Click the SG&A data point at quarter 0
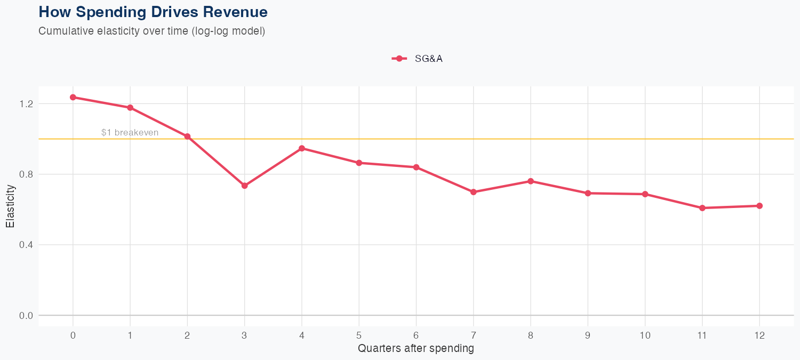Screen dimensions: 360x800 73,97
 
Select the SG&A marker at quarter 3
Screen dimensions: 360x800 245,186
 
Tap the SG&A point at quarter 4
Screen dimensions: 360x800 302,148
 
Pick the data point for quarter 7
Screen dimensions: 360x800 474,192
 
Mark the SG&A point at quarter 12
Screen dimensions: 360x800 759,206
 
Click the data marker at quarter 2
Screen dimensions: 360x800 187,137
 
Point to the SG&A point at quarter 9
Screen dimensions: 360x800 588,193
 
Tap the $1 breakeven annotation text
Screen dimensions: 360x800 130,132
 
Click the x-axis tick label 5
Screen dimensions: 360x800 359,335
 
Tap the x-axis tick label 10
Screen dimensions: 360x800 645,335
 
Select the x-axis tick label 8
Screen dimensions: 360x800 531,335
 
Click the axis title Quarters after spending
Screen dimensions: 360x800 416,349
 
